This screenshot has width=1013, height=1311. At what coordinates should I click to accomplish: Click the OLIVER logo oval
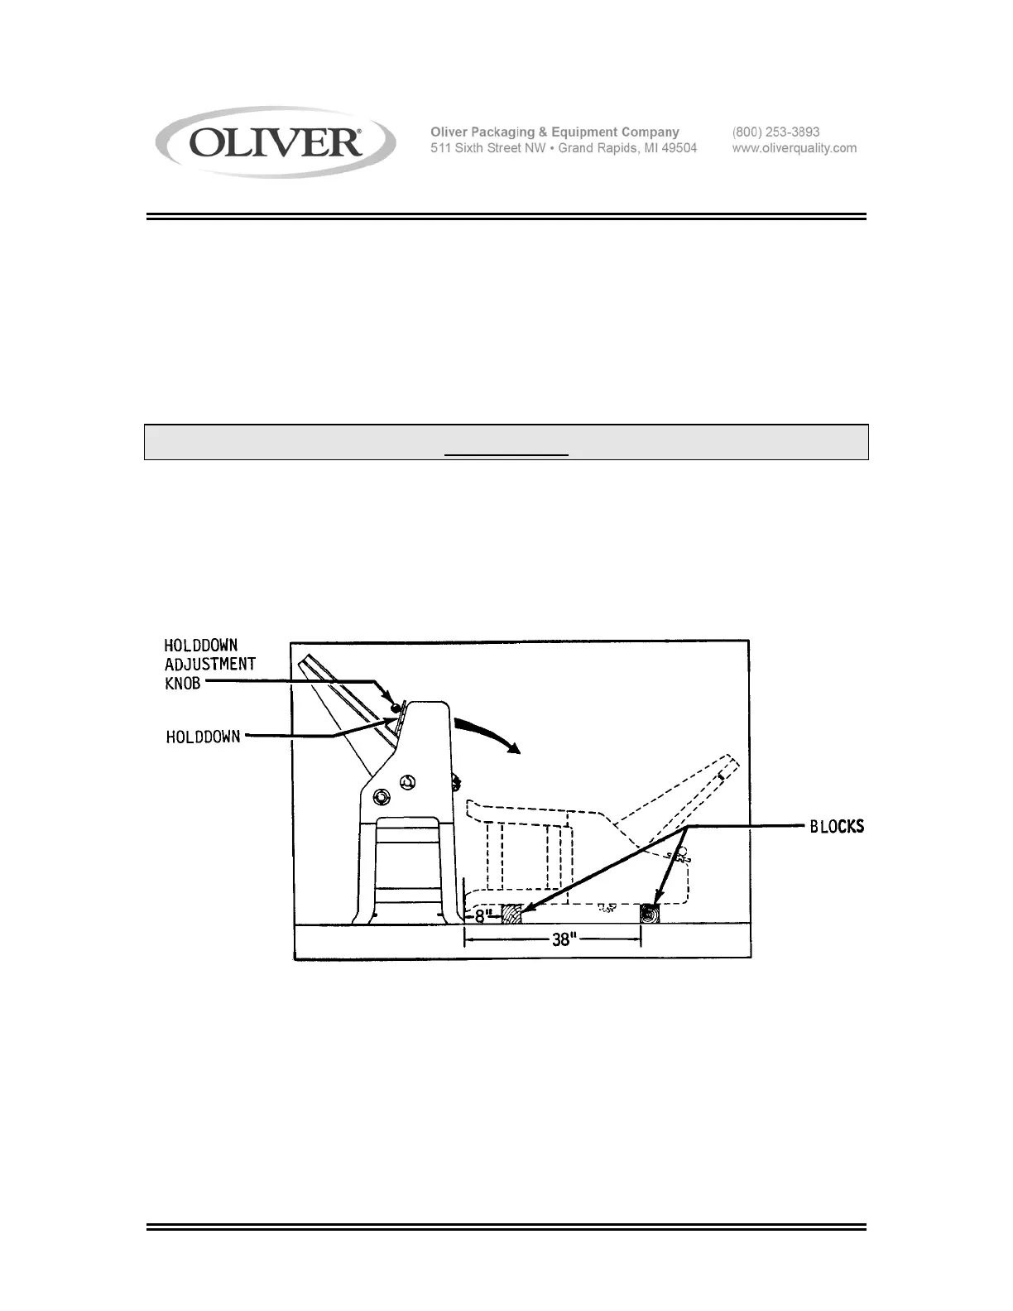pos(276,143)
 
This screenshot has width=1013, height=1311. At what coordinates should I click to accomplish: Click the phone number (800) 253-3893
pos(775,132)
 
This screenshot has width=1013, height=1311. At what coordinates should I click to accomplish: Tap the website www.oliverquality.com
pos(794,148)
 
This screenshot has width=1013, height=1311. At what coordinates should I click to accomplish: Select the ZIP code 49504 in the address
pos(678,148)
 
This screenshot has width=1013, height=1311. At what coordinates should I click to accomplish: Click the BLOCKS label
pos(836,826)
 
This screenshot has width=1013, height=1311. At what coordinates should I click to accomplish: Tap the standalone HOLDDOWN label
pos(203,736)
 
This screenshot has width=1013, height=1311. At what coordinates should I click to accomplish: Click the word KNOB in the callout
pos(182,684)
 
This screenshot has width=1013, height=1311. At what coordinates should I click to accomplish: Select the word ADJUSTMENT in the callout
pos(209,665)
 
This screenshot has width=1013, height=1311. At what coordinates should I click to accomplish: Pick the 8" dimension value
pos(483,916)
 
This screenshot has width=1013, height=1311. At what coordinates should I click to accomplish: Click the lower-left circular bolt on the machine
pos(382,797)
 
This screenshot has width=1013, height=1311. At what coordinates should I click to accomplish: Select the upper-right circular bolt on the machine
pos(406,782)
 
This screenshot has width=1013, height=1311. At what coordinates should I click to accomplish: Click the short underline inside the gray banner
pos(506,454)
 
